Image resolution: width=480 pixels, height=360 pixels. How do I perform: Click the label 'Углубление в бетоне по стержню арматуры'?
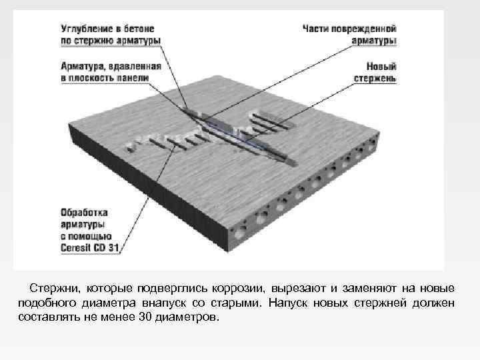click(x=110, y=35)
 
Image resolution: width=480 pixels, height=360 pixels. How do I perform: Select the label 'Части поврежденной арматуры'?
click(x=349, y=35)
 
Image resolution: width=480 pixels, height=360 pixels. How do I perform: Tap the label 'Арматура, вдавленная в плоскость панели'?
click(x=110, y=72)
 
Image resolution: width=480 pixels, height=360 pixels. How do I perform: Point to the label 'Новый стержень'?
click(x=375, y=72)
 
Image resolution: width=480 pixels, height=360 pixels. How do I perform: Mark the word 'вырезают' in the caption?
click(x=298, y=289)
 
